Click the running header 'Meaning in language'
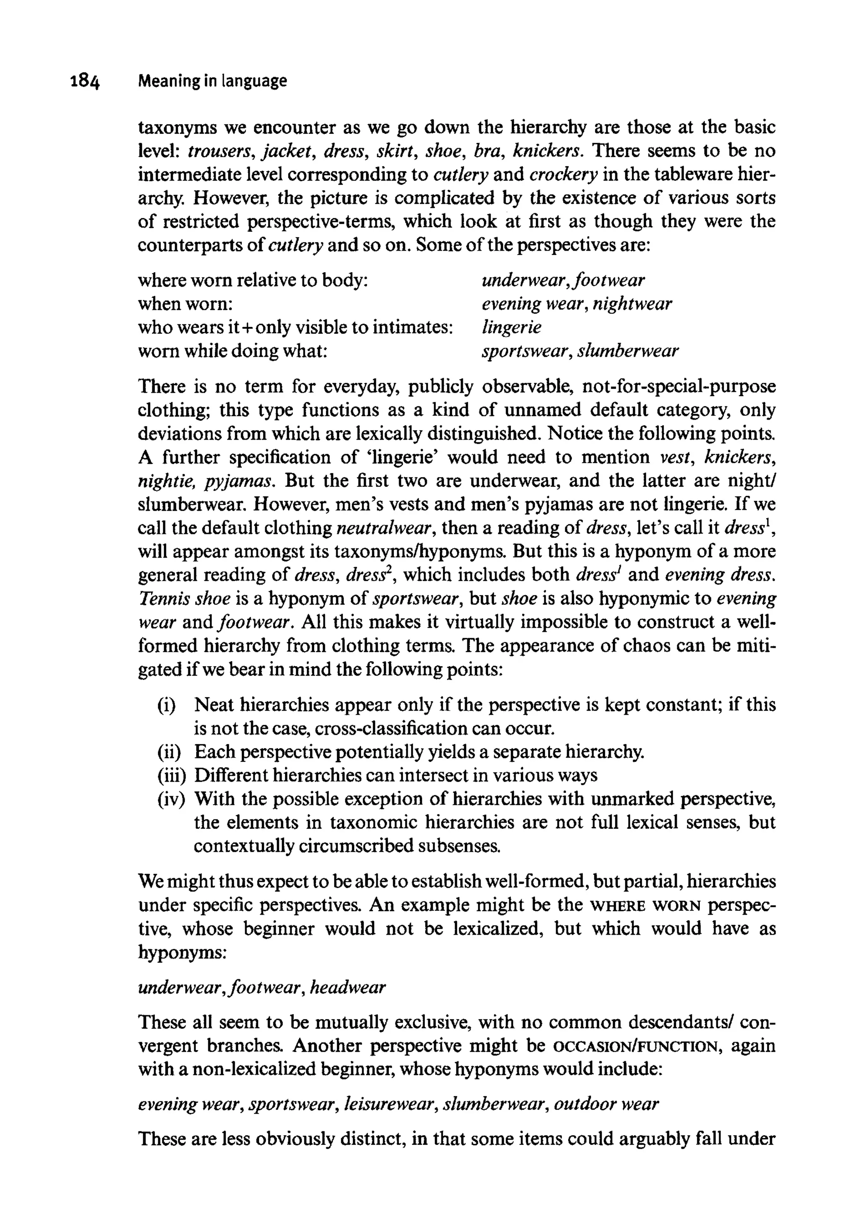pyautogui.click(x=212, y=81)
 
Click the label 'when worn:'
pyautogui.click(x=185, y=304)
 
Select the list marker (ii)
pyautogui.click(x=169, y=751)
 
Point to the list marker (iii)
pyautogui.click(x=171, y=775)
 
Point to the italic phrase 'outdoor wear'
pyautogui.click(x=606, y=1104)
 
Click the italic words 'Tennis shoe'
pyautogui.click(x=184, y=599)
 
